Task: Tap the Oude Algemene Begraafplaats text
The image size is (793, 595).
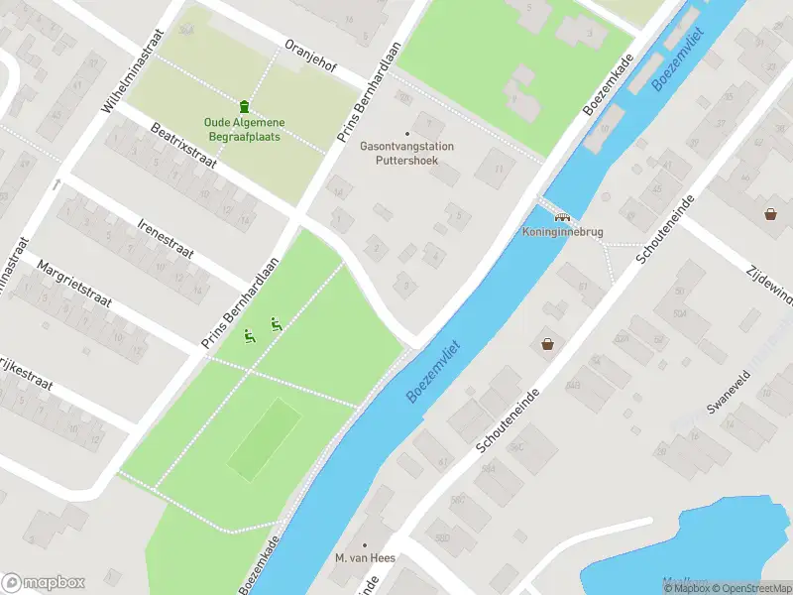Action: [242, 129]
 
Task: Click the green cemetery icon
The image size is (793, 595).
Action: [244, 106]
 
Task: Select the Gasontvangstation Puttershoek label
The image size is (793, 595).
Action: [406, 153]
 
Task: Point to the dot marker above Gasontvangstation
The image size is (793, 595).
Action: [406, 134]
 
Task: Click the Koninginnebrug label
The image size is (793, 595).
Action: [563, 233]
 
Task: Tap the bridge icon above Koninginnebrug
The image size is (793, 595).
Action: [562, 216]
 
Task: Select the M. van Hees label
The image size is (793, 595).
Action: [365, 558]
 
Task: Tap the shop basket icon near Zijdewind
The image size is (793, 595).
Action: [770, 213]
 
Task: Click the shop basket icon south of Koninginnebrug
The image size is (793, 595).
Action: [547, 344]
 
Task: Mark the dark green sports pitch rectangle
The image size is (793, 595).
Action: [265, 437]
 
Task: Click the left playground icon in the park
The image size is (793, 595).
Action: [251, 337]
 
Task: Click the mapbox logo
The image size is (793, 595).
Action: [44, 583]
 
